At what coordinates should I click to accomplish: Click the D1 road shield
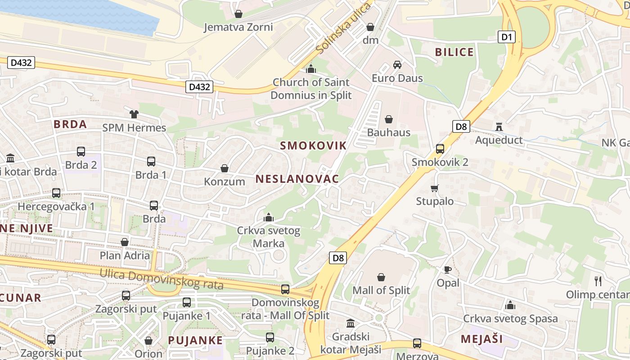507,37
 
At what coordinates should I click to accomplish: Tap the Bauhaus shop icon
388,119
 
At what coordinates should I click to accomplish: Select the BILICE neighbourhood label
454,52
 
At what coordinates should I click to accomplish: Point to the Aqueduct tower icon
499,127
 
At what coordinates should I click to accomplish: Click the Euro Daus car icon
397,65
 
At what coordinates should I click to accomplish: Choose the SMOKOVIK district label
313,145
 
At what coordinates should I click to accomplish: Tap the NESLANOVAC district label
297,179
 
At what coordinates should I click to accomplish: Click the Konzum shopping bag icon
224,168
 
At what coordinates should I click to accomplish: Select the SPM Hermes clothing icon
134,114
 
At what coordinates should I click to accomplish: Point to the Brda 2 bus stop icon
81,152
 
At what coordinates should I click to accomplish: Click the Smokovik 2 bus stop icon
440,149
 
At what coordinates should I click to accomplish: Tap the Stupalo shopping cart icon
434,188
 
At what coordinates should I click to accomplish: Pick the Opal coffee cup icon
447,270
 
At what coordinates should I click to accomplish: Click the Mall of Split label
381,290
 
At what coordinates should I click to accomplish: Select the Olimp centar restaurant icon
598,281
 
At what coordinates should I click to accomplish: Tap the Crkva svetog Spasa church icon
510,306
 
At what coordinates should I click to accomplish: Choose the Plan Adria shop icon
125,242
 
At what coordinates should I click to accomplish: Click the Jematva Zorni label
238,27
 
